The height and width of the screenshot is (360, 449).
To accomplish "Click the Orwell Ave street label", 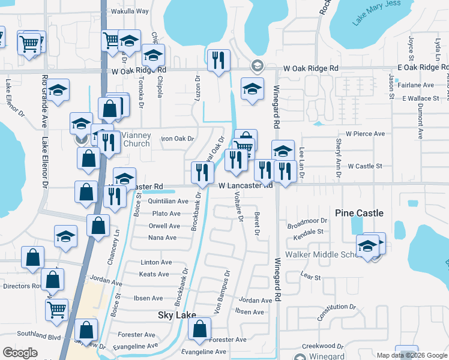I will pyautogui.click(x=164, y=226).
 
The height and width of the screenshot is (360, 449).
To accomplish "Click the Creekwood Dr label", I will pyautogui.click(x=322, y=346).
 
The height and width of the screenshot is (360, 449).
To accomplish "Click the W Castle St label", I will pyautogui.click(x=365, y=166).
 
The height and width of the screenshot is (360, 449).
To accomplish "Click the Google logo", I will pyautogui.click(x=20, y=353).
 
